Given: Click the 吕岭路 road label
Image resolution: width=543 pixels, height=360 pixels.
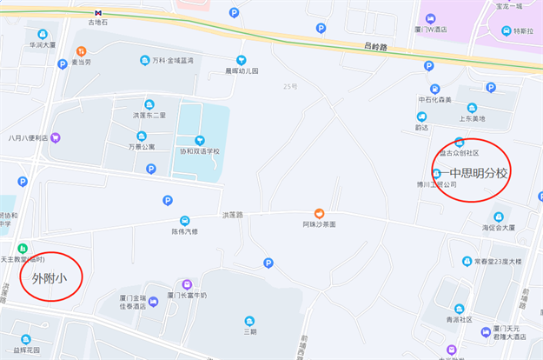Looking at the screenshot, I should tap(374, 46).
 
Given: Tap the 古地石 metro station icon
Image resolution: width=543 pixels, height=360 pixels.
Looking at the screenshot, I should tap(99, 13).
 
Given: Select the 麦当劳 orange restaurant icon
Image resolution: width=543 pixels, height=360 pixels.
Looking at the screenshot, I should tap(81, 50).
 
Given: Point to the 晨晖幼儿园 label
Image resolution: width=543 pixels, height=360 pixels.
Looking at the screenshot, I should tap(242, 70).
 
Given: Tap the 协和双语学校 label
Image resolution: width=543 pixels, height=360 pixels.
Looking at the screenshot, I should tap(199, 151).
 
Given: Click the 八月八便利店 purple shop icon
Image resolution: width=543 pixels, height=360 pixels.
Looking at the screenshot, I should tap(56, 137).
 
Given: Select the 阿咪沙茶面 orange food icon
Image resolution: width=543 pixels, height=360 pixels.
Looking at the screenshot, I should tap(319, 213).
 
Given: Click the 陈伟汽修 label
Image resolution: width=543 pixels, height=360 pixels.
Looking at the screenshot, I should tap(184, 231).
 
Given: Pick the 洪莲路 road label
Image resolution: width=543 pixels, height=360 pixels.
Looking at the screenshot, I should tap(232, 214).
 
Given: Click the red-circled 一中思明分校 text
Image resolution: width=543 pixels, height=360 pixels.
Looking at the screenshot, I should tap(473, 172).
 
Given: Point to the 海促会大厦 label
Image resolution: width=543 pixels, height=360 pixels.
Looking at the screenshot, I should tap(499, 228).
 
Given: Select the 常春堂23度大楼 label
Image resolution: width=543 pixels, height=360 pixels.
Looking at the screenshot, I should tap(498, 261).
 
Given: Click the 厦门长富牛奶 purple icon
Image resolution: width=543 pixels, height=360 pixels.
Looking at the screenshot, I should tap(187, 284).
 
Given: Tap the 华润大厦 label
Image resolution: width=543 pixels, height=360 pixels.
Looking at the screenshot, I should tap(42, 44).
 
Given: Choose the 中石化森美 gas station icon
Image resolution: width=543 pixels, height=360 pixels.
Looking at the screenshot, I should tap(434, 89).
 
